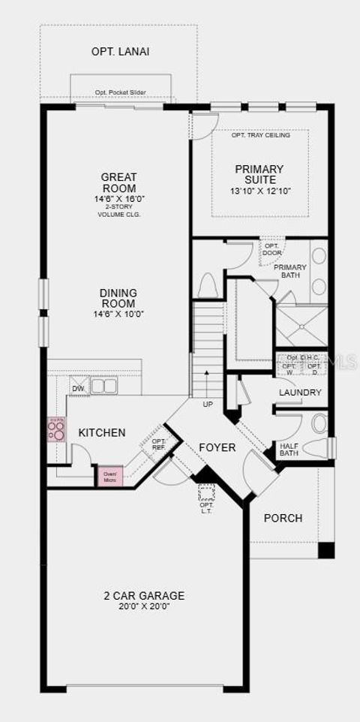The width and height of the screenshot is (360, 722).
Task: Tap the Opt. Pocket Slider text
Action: point(120,93)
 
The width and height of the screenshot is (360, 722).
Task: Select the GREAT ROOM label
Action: point(118,182)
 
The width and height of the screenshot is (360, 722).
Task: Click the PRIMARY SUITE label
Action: point(259,174)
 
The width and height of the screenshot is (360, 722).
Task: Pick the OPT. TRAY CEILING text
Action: point(260,135)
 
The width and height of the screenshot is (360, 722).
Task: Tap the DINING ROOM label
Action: point(118,298)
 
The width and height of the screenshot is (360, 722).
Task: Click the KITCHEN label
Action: point(102,433)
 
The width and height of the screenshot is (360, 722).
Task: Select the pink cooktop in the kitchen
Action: point(56,429)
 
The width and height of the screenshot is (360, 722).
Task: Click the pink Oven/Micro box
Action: point(109,476)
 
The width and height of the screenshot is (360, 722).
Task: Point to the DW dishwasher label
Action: point(78,388)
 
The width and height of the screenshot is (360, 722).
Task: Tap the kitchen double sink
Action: point(104,386)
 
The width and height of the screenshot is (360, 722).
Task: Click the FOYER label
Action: point(217,447)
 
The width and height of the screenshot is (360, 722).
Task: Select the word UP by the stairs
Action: point(208,404)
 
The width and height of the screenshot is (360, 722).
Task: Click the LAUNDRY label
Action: point(300,393)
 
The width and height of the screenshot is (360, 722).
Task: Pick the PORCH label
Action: point(283,518)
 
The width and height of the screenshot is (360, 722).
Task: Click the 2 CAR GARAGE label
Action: point(144,596)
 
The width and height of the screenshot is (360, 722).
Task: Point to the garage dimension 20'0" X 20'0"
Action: point(144,606)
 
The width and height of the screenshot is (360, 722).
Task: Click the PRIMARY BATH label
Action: point(289,271)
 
